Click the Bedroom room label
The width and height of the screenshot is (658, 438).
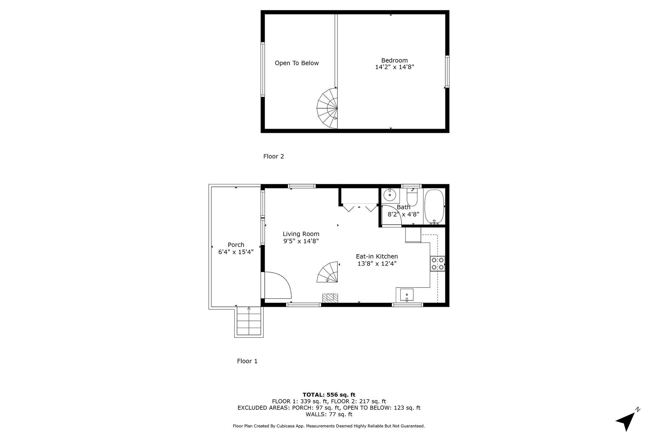(395, 60)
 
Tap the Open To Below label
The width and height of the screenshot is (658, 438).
(297, 63)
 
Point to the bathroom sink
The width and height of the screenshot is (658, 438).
(390, 194)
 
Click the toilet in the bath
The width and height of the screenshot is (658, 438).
(412, 197)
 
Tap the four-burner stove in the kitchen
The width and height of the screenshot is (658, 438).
(438, 263)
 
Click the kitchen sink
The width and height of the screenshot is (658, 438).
(406, 295)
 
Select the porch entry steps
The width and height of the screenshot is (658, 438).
(249, 321)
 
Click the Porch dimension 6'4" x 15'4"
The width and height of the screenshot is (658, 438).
(236, 252)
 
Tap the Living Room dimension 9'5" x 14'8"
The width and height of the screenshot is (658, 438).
(301, 241)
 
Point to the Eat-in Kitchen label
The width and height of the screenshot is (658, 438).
(377, 256)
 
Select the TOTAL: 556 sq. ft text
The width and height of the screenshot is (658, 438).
(329, 395)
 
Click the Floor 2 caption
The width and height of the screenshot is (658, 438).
(273, 157)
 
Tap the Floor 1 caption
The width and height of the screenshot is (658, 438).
(247, 361)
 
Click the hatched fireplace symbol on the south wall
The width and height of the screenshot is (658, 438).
(330, 298)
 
